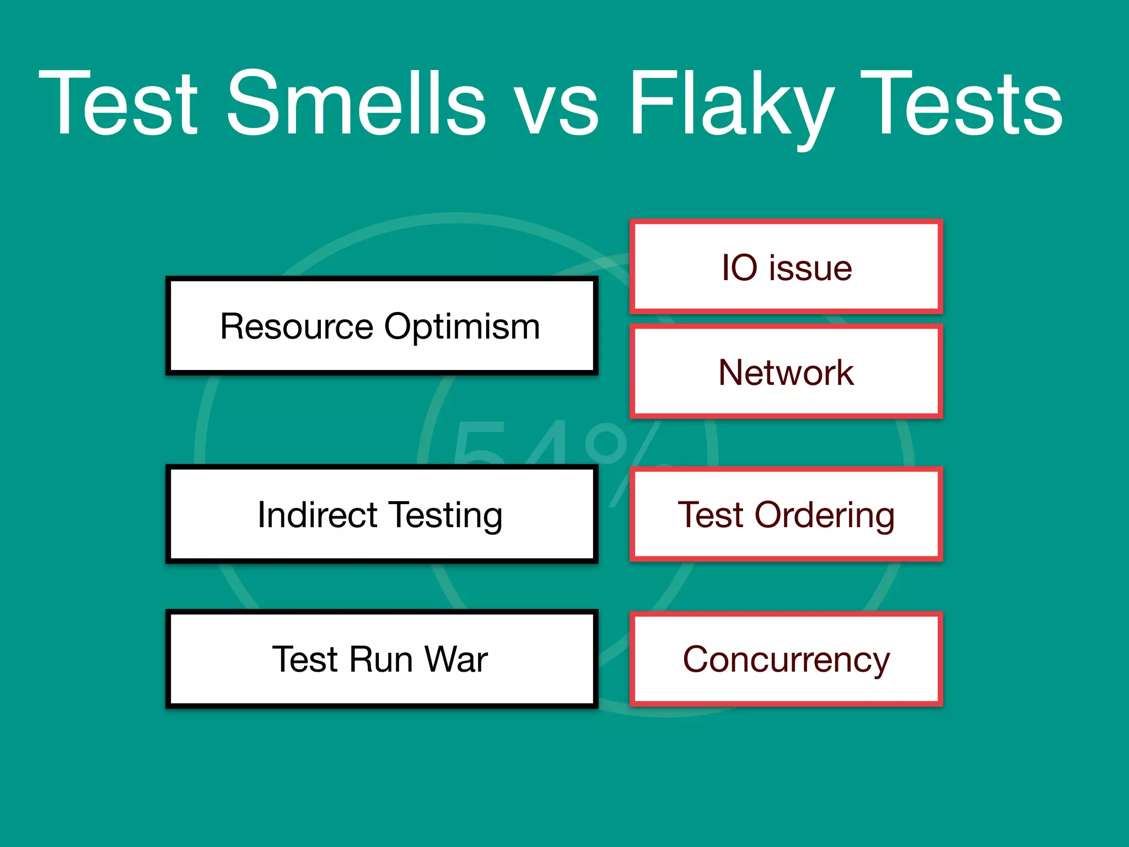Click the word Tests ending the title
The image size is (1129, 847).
[961, 104]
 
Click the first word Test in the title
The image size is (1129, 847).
[119, 104]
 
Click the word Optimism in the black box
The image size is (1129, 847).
[462, 327]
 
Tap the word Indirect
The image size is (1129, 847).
[317, 515]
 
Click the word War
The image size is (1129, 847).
[456, 660]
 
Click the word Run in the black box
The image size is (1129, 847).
[380, 660]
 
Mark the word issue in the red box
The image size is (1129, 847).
[810, 269]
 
